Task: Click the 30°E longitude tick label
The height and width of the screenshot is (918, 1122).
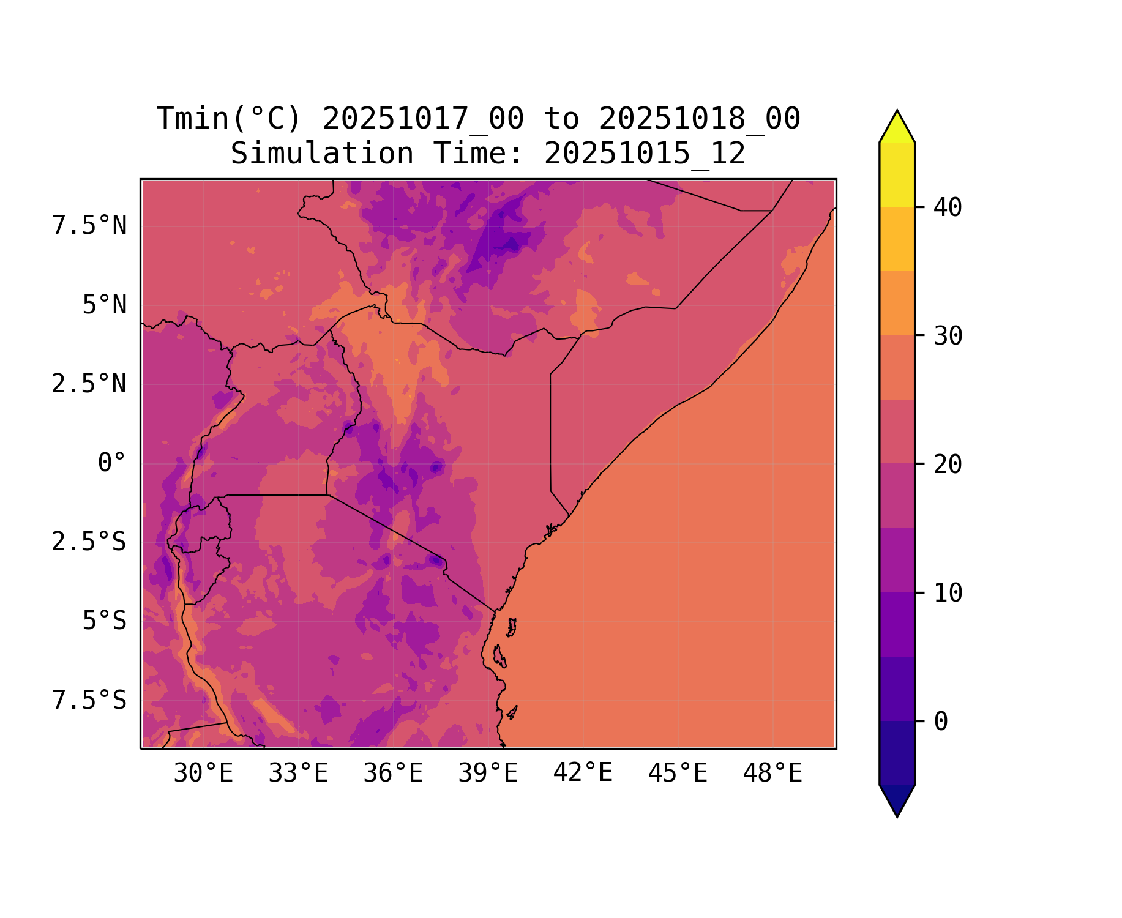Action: coord(203,774)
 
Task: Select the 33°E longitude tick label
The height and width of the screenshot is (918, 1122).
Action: coord(298,774)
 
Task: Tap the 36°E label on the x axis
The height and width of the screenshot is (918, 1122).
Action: coord(393,774)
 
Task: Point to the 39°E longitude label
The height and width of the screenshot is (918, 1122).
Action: coord(488,774)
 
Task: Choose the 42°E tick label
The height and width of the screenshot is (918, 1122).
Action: coord(583,774)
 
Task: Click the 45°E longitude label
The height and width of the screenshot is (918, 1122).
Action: coord(678,774)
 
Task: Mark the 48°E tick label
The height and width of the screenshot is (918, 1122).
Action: coord(772,774)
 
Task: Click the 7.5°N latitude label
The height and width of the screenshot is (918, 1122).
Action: coord(89,226)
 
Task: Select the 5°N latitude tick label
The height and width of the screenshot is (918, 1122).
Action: coord(105,305)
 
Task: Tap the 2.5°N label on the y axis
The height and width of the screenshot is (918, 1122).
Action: coord(89,384)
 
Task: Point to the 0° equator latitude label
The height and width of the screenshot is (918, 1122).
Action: coord(112,463)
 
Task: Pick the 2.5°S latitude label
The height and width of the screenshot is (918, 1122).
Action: coord(89,542)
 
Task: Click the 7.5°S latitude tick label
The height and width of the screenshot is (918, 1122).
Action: coord(89,700)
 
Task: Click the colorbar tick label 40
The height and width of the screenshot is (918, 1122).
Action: coord(948,207)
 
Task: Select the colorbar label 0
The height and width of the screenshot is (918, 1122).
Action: coord(941,722)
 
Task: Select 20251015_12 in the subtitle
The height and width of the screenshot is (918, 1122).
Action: coord(645,154)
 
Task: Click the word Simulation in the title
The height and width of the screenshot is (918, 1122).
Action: coord(322,154)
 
